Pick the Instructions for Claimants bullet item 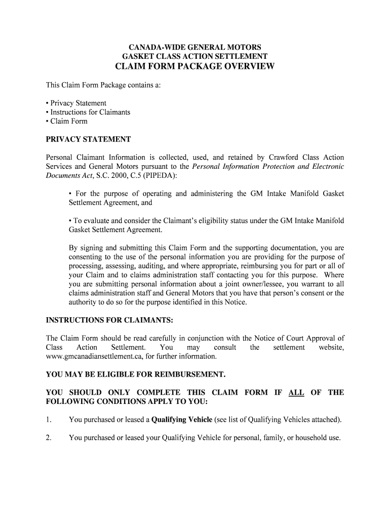tap(88, 112)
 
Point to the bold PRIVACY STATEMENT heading tap(88, 139)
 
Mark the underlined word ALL tap(296, 392)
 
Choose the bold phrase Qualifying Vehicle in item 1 tap(182, 420)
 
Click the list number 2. tap(49, 438)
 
